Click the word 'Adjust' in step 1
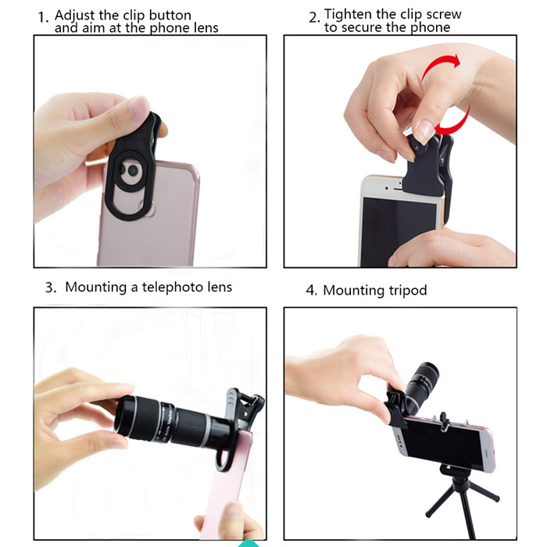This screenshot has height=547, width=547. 75,16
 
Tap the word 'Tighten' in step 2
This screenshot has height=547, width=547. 349,14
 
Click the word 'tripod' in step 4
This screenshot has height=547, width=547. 407,291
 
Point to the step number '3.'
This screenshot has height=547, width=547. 51,288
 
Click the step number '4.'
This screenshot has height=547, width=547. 311,290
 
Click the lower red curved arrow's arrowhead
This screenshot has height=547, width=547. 442,129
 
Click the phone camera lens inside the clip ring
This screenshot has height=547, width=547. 133,170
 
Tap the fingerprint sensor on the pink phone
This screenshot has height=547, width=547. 147,209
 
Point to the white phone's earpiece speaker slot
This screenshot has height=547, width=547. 399,189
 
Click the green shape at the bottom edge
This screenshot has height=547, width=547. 249,544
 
